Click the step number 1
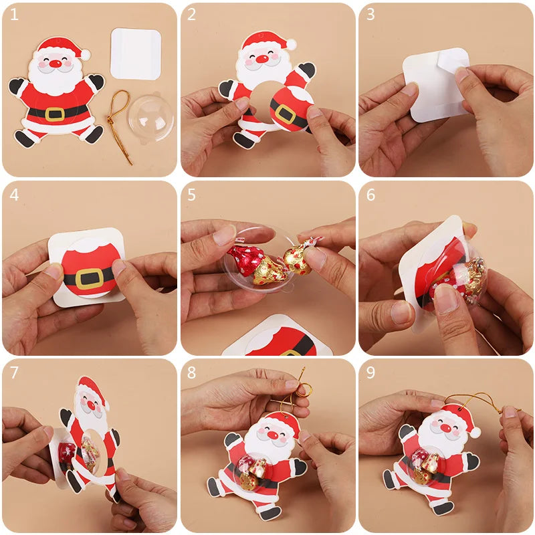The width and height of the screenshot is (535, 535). click(x=14, y=15)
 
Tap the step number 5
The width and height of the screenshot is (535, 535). click(x=192, y=195)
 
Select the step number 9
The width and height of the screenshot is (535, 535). click(x=370, y=372)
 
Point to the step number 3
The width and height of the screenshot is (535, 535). click(x=370, y=15)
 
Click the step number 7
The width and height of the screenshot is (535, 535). click(x=14, y=372)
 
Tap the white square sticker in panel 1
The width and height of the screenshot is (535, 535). click(x=135, y=53)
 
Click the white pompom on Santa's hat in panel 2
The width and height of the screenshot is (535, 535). click(x=291, y=44)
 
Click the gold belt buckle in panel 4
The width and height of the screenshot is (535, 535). click(x=90, y=277)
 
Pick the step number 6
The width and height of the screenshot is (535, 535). click(x=370, y=195)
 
